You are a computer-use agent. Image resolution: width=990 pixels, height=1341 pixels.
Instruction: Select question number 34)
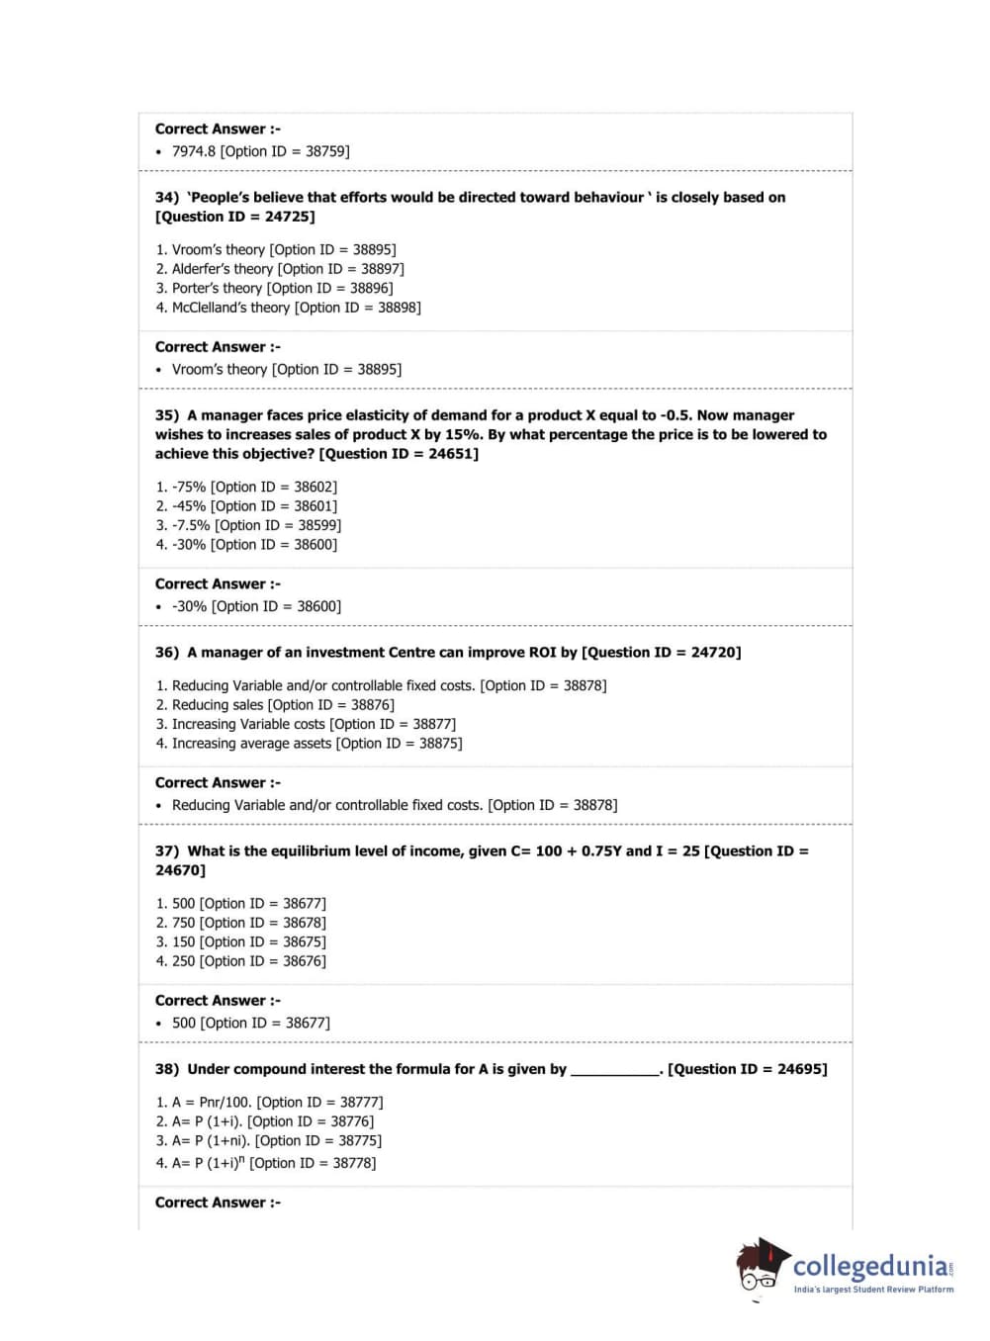coord(167,198)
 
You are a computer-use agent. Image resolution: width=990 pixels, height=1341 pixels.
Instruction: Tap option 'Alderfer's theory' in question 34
coord(223,269)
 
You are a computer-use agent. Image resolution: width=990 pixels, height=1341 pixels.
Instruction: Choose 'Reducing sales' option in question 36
coord(218,705)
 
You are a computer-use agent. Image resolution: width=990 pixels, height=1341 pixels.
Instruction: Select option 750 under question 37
coord(184,923)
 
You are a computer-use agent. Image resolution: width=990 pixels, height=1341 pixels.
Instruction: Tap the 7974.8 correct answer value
coord(195,151)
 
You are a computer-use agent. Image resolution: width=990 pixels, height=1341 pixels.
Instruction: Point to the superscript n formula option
coord(210,1163)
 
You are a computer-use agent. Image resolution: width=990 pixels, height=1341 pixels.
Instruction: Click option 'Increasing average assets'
coord(251,744)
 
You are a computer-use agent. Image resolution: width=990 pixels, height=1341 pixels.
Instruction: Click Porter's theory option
coord(218,289)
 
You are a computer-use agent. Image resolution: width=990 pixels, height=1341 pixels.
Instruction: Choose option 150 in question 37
coord(184,942)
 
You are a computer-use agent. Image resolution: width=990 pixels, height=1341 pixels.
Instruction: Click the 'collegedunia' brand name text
coord(870,1266)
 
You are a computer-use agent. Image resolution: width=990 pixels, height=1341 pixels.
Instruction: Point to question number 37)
coord(167,851)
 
